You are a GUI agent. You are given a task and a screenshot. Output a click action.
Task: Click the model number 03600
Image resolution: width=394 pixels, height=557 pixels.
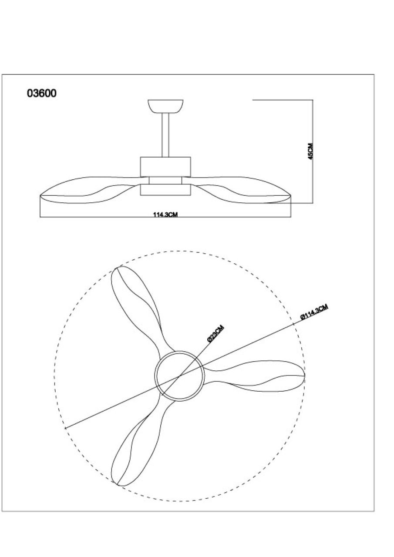[x=41, y=93]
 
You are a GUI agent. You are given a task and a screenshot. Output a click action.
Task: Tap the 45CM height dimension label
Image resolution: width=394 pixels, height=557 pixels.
[x=310, y=151]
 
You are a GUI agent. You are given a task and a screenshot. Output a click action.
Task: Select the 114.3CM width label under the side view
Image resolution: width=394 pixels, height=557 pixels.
[x=165, y=215]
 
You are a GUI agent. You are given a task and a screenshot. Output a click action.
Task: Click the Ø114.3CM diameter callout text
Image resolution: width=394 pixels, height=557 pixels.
[x=314, y=312]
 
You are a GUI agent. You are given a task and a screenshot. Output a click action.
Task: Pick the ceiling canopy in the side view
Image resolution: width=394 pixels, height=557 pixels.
[x=165, y=107]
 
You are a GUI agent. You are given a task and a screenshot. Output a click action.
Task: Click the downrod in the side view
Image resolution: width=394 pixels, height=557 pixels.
[x=165, y=135]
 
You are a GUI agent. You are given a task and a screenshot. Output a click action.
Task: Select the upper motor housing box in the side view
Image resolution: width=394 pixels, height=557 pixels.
[x=165, y=167]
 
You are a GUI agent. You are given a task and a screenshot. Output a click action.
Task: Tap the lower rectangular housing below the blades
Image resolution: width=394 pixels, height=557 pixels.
[x=165, y=190]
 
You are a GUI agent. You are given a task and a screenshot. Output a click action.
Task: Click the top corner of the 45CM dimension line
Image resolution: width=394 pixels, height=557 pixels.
[x=313, y=100]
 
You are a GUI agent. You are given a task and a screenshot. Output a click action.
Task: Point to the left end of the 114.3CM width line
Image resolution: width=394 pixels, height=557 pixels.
[x=40, y=217]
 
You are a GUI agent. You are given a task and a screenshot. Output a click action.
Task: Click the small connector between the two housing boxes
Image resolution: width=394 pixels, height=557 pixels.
[x=165, y=181]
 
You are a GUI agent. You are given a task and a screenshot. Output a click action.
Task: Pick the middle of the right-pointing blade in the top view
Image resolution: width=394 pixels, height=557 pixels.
[x=254, y=376]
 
